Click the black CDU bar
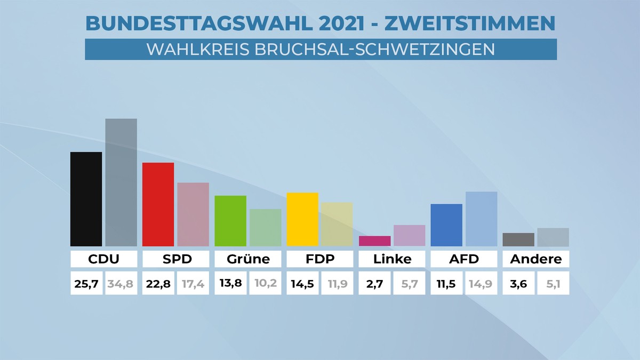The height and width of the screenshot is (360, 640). click(86, 199)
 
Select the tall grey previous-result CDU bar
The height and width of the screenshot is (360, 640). click(121, 182)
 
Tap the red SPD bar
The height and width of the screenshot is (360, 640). click(158, 204)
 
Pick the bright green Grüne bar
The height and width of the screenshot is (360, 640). click(230, 221)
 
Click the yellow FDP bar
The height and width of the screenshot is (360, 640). click(302, 219)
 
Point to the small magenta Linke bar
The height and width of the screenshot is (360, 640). click(375, 241)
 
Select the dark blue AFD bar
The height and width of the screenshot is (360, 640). click(446, 225)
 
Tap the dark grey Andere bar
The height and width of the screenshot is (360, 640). click(518, 239)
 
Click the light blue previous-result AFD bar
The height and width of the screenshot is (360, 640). click(482, 219)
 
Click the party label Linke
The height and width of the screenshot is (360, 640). click(392, 260)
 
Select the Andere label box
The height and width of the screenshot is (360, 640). click(536, 260)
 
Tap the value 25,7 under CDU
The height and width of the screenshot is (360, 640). click(85, 284)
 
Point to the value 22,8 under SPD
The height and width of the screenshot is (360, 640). click(158, 284)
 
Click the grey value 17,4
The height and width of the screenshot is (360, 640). click(193, 284)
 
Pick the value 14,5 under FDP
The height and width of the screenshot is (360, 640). click(302, 284)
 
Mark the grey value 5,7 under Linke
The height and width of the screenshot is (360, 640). click(410, 284)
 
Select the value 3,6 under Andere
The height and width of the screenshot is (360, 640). click(518, 284)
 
